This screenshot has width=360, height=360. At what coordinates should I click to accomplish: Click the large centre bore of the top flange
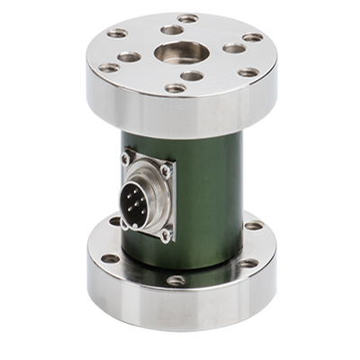click(180, 51)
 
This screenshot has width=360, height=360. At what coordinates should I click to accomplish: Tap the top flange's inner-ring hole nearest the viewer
click(191, 76)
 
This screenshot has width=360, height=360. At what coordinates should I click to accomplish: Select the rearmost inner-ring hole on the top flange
click(172, 30)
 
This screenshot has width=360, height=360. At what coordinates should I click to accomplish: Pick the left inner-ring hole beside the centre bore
click(130, 57)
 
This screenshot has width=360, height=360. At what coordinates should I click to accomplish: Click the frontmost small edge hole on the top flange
click(175, 88)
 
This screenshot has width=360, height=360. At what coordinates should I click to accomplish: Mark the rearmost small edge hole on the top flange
click(187, 18)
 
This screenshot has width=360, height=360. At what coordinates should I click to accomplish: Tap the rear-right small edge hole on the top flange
click(253, 37)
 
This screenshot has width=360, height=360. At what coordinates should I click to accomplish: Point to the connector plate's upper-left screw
click(126, 160)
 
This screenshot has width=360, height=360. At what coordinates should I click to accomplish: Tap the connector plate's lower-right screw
click(166, 236)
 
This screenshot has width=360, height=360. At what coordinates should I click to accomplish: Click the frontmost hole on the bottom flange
click(176, 280)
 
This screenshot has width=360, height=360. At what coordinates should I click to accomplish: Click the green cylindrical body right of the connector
click(211, 193)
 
